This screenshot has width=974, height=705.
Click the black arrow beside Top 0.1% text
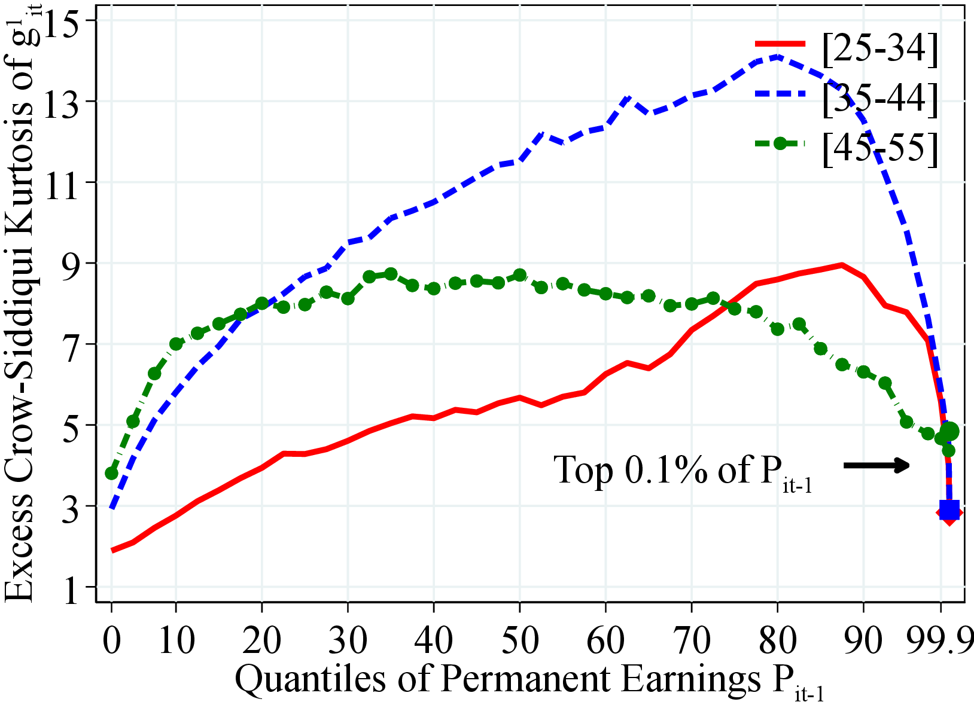[876, 465]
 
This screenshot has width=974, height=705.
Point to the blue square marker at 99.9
[949, 509]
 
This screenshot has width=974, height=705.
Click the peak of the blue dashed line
[777, 56]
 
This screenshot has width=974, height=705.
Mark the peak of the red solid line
[842, 264]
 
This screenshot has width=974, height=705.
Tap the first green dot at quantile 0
[111, 473]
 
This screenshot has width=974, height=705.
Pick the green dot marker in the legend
[780, 144]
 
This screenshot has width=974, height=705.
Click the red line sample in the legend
[780, 44]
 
